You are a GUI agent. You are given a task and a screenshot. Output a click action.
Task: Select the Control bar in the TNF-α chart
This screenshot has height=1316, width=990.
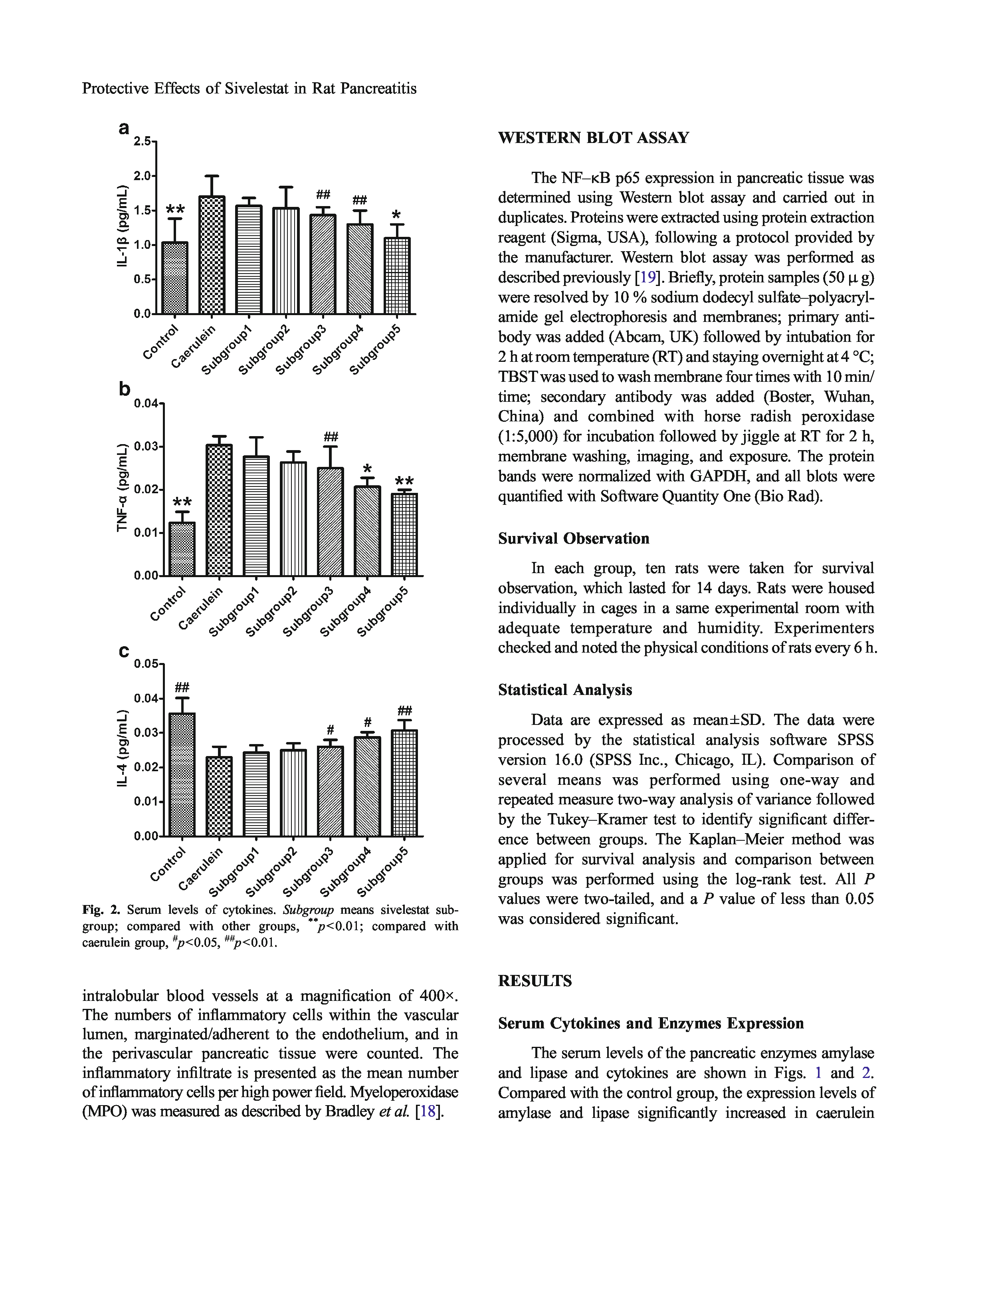click(x=182, y=548)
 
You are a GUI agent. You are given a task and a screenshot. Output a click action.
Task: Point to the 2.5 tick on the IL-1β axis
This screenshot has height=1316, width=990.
click(x=143, y=141)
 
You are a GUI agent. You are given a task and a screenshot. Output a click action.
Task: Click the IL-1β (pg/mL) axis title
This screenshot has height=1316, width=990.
click(x=123, y=226)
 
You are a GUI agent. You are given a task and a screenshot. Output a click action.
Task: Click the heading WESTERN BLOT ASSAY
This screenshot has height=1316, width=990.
click(x=593, y=138)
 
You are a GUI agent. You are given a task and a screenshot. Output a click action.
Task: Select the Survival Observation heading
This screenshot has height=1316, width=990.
click(x=573, y=538)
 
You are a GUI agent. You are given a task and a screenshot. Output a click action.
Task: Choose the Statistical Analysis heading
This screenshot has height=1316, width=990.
click(x=564, y=689)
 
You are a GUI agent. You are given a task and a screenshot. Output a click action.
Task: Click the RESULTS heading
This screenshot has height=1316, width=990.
click(x=535, y=981)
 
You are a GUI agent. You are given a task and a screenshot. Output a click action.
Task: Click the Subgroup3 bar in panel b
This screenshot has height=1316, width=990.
click(x=330, y=521)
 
